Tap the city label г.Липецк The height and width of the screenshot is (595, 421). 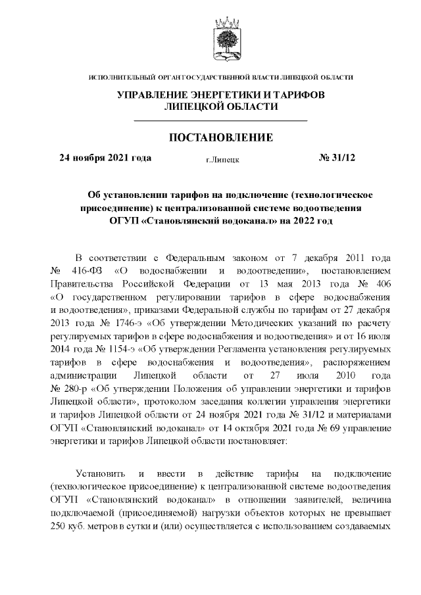coord(222,159)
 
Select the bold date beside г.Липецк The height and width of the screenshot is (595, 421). coord(105,158)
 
